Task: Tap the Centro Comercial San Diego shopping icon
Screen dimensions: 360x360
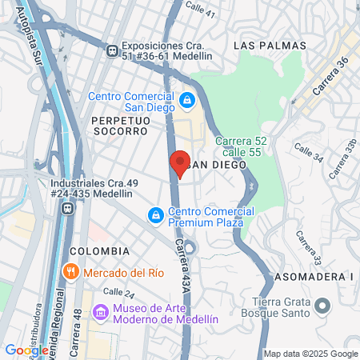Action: point(186,100)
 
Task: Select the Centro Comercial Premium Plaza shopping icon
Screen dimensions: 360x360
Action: point(156,215)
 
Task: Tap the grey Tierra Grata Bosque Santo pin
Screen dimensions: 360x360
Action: point(322,306)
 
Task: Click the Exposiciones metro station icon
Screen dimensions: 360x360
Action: point(113,50)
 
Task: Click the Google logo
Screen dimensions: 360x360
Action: point(26,350)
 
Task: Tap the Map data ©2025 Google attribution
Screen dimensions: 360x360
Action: point(311,354)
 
